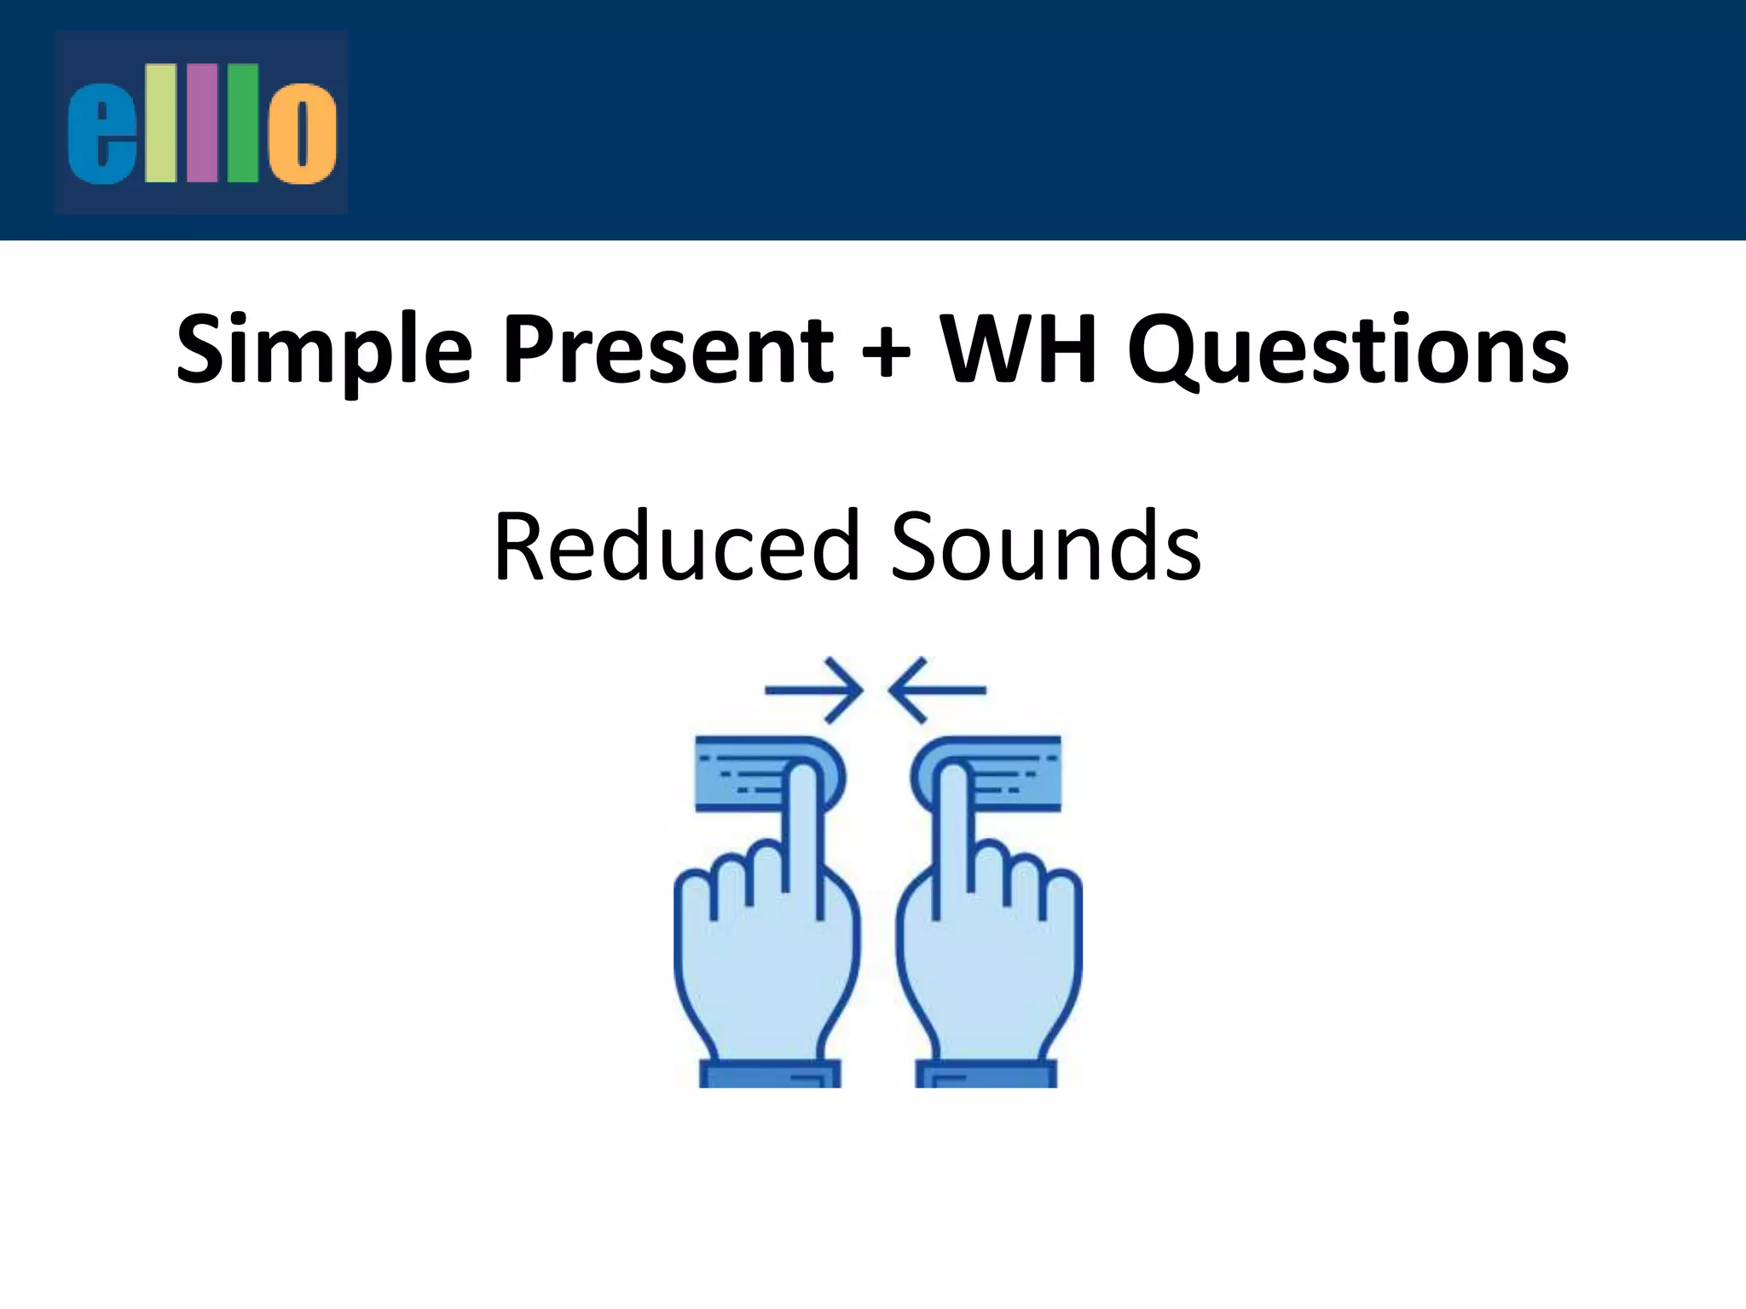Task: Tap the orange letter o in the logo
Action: (302, 134)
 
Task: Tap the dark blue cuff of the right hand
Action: (986, 1073)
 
